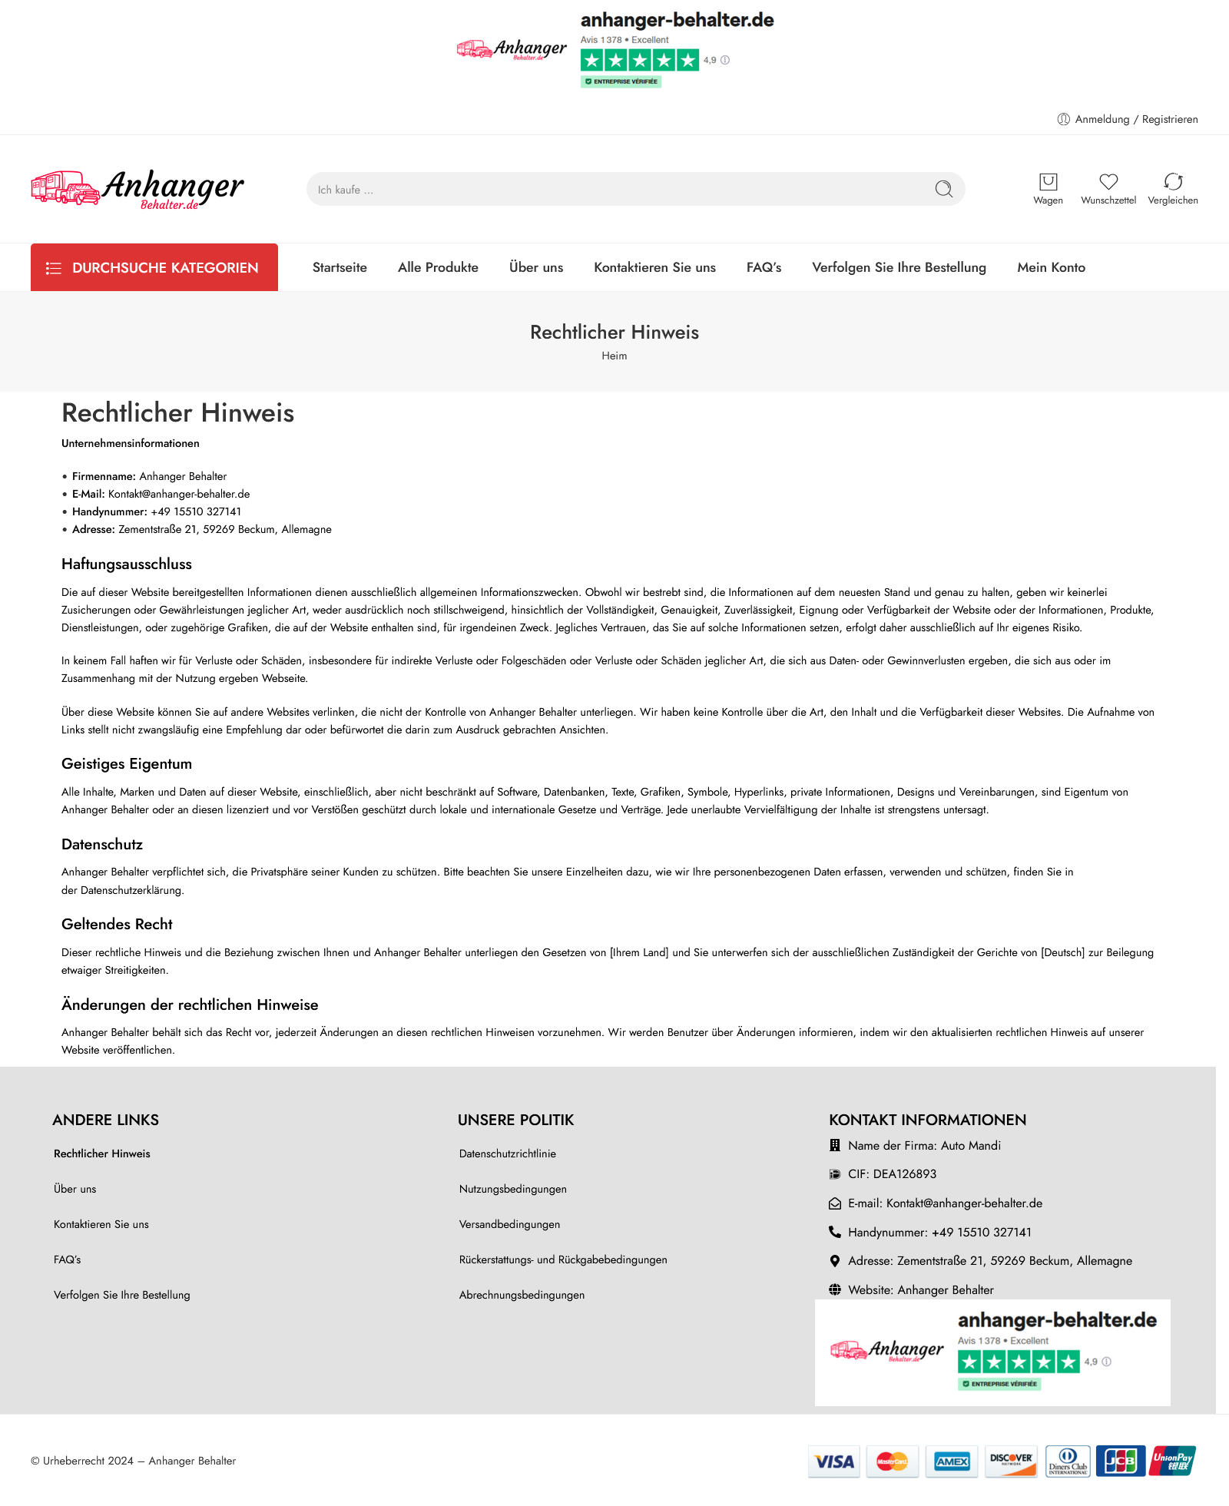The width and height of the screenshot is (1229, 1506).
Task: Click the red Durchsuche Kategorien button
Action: [x=154, y=267]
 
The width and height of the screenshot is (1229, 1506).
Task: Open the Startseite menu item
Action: [x=340, y=267]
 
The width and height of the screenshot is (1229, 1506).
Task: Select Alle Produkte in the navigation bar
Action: [x=438, y=267]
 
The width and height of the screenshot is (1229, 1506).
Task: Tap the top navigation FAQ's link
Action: [x=764, y=267]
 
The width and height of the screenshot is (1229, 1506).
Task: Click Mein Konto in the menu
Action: [x=1051, y=267]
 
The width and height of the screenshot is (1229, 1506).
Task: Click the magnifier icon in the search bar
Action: [x=943, y=189]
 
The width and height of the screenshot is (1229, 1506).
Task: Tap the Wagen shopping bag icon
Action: [x=1048, y=182]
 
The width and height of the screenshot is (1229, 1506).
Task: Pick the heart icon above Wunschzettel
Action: [x=1108, y=182]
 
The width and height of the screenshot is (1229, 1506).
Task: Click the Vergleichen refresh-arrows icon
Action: [x=1173, y=182]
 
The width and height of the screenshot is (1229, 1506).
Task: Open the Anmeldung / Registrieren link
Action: [x=1136, y=119]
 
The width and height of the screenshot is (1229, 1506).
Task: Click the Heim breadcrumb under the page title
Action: [x=614, y=356]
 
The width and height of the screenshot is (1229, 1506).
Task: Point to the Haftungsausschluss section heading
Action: [x=127, y=564]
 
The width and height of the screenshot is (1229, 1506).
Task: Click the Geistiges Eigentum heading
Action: [x=127, y=763]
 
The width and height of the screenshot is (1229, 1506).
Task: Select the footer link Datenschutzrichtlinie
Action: [x=508, y=1153]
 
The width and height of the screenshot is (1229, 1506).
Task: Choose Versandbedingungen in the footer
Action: [x=509, y=1224]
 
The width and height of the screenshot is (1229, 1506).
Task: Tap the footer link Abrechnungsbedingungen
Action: [x=522, y=1295]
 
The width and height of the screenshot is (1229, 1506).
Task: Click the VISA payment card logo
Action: [x=834, y=1461]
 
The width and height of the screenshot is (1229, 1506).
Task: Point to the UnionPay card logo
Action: [x=1173, y=1461]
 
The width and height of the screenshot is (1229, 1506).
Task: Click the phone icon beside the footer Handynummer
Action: [x=835, y=1232]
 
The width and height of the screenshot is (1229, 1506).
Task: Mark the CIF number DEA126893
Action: [x=904, y=1174]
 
